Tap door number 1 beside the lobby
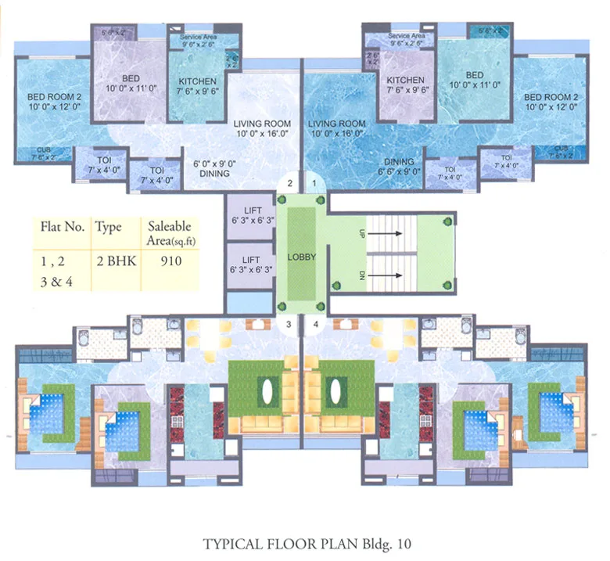pyautogui.click(x=315, y=183)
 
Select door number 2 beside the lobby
pyautogui.click(x=289, y=183)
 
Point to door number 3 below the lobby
pyautogui.click(x=289, y=323)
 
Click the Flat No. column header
pyautogui.click(x=62, y=227)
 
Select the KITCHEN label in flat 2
pyautogui.click(x=192, y=81)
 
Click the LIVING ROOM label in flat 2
pyautogui.click(x=262, y=124)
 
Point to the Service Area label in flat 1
pyautogui.click(x=407, y=36)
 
